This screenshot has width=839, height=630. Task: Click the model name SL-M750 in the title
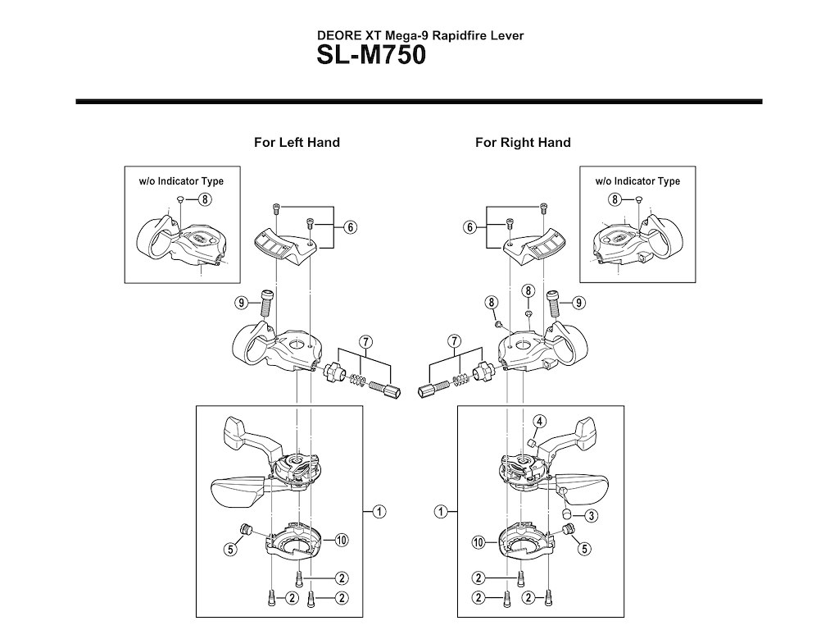pyautogui.click(x=372, y=58)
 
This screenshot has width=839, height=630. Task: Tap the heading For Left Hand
pyautogui.click(x=297, y=142)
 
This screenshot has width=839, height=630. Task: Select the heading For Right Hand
pyautogui.click(x=523, y=142)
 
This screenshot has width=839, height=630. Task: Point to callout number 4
pyautogui.click(x=538, y=422)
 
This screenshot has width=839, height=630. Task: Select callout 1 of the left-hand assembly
pyautogui.click(x=380, y=512)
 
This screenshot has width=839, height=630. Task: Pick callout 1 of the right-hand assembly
pyautogui.click(x=442, y=512)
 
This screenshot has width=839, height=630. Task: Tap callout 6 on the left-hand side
pyautogui.click(x=350, y=228)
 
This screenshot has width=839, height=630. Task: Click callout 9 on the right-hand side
pyautogui.click(x=580, y=303)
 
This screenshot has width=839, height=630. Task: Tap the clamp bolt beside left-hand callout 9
pyautogui.click(x=265, y=304)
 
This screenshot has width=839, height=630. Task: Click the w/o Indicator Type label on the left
pyautogui.click(x=179, y=181)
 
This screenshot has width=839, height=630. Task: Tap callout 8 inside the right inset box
pyautogui.click(x=615, y=200)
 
